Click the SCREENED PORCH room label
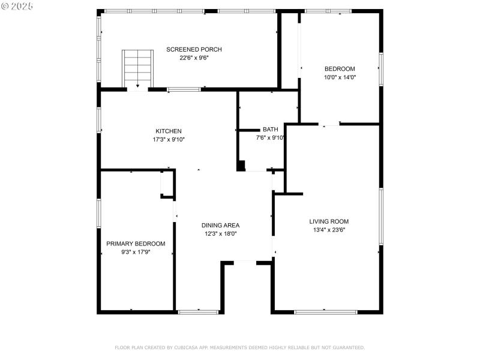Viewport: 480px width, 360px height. tap(194, 49)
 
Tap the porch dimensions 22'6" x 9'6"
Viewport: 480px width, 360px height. tap(194, 58)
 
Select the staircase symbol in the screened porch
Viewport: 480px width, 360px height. tap(138, 68)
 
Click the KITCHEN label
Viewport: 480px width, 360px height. tap(169, 131)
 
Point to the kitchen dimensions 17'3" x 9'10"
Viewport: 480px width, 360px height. tap(169, 140)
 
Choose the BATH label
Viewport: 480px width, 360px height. tap(270, 129)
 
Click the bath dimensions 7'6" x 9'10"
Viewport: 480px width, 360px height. tap(270, 137)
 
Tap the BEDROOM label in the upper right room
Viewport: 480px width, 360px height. tap(340, 68)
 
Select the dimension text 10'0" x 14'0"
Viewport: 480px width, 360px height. tap(340, 77)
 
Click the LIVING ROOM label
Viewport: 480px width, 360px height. tap(329, 221)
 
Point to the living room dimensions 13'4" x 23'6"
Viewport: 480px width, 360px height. tap(329, 230)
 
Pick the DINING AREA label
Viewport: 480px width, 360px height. tap(220, 225)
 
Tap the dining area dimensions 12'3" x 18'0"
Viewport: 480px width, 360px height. tap(220, 234)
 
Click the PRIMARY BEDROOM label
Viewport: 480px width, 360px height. tap(136, 244)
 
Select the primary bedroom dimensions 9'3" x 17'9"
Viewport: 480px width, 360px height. tap(136, 252)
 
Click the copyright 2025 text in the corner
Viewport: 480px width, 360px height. tap(17, 5)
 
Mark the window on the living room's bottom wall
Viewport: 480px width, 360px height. tap(325, 311)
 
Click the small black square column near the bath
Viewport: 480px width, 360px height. tap(241, 166)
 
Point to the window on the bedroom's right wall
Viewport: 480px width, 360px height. tap(380, 69)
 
